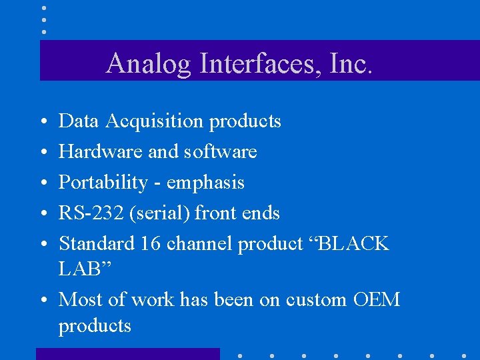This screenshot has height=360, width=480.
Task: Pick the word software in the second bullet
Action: pos(221,152)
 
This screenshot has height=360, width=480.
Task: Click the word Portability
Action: pos(103,183)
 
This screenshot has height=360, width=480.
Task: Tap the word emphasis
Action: pos(205,183)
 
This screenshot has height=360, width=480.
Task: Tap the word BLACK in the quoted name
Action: pos(354,244)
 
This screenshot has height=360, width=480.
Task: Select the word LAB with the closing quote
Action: pos(82,269)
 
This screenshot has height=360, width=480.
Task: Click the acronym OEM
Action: pos(376,300)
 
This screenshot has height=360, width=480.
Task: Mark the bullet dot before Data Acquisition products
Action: pos(43,122)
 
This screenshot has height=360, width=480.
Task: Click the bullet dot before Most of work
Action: pos(43,301)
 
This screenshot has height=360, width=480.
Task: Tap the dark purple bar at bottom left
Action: pos(127,354)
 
